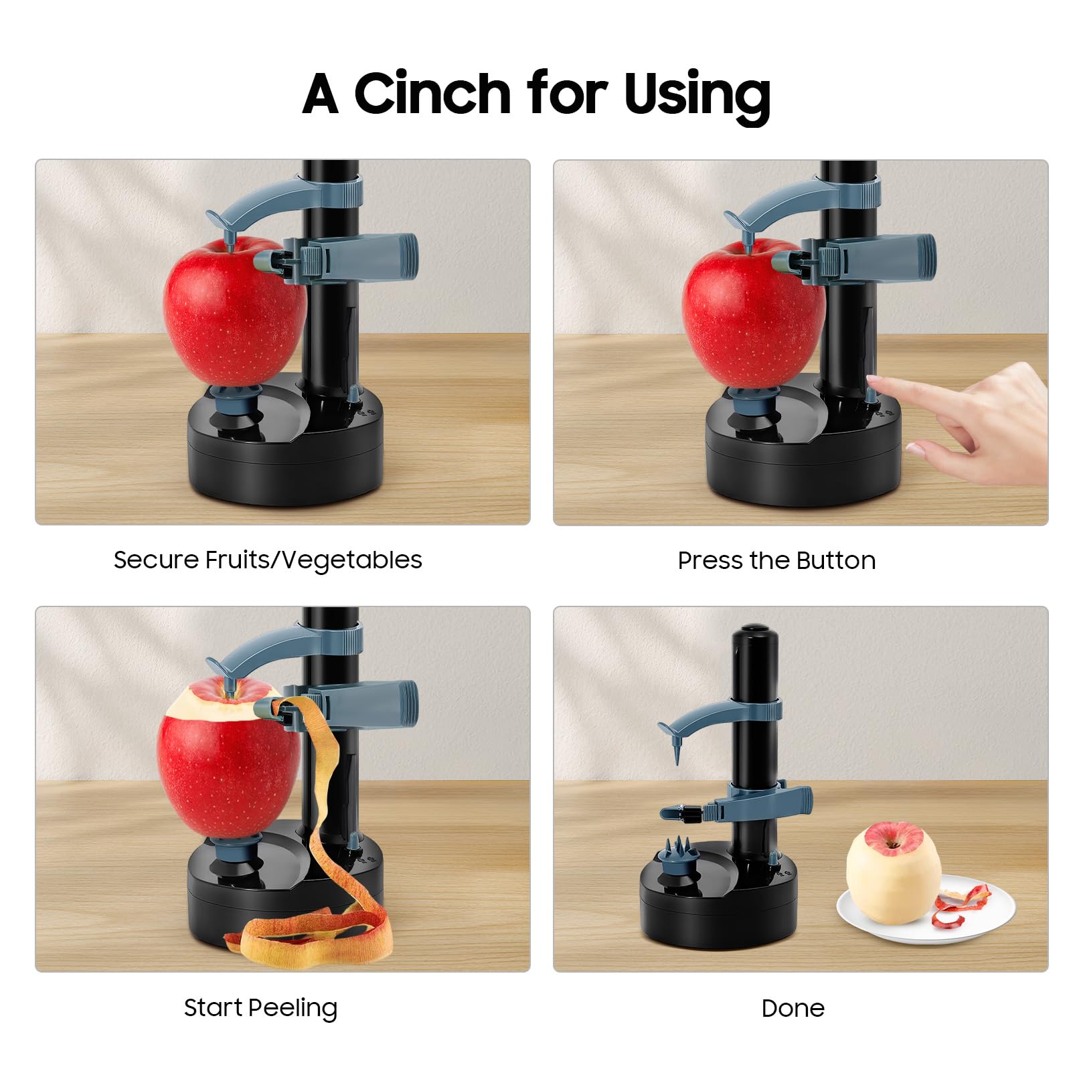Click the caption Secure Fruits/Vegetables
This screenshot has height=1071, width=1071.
pos(268,560)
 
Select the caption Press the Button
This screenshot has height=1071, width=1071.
pos(776,560)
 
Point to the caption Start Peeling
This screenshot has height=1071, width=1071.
pos(260,1007)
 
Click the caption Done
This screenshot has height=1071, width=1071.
pos(793,1008)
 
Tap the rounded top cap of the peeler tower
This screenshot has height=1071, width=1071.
pos(754,633)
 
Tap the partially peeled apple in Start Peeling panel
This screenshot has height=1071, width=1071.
pos(228,756)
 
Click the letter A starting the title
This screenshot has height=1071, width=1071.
pos(320,93)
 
